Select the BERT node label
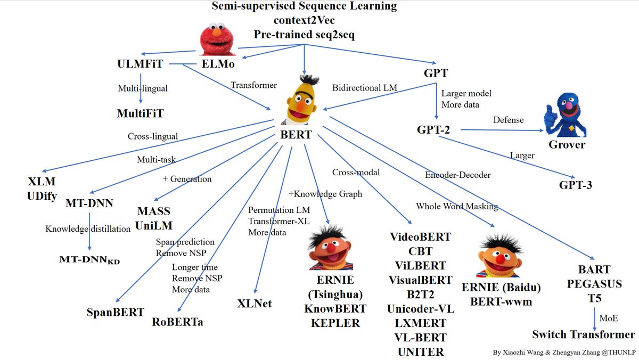coord(296,135)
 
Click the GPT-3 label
coord(575,185)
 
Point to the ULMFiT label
coord(139,64)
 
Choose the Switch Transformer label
coord(584,334)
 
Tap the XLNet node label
coord(255,304)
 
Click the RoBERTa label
coord(177,321)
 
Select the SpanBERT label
coord(115,312)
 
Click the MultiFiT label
coord(141,113)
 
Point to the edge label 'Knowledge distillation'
coord(88,228)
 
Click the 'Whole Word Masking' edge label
coord(457,206)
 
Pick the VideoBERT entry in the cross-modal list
coord(420,236)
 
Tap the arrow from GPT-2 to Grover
coord(501,129)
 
